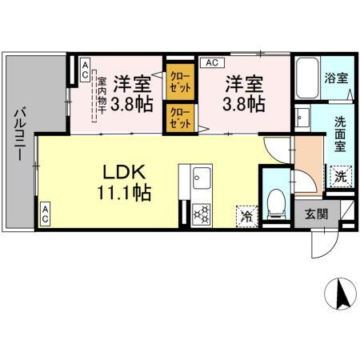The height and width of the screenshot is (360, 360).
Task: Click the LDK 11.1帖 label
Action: (126, 182)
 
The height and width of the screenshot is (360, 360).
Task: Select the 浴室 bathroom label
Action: (336, 79)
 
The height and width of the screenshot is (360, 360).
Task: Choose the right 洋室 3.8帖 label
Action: (244, 93)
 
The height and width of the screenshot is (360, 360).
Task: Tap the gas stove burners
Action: (201, 214)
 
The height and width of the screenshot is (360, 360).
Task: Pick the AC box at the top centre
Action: (211, 62)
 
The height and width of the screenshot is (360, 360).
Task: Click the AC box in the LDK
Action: (46, 214)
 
